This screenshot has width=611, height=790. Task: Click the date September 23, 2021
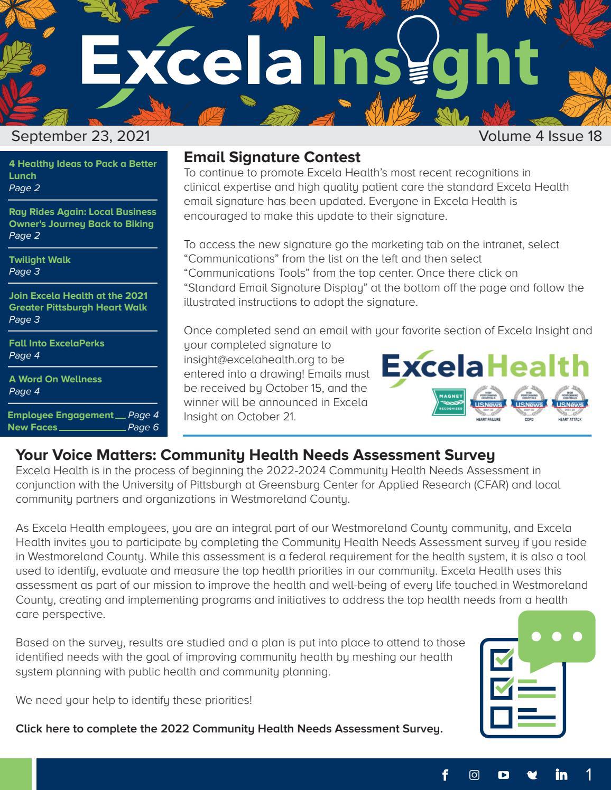(x=81, y=136)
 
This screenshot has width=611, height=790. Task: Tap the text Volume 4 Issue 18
(x=540, y=136)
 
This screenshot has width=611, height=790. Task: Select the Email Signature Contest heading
(x=272, y=157)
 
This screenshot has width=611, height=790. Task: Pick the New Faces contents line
(x=83, y=427)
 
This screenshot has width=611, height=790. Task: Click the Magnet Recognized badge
(x=449, y=402)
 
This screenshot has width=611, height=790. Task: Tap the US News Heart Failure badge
(x=488, y=402)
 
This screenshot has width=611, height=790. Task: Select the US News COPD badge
(x=529, y=402)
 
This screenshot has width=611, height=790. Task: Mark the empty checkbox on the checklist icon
(x=501, y=717)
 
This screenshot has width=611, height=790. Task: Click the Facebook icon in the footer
(x=445, y=775)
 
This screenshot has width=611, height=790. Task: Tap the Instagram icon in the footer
(x=474, y=775)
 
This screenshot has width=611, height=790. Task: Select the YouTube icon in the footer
(x=503, y=775)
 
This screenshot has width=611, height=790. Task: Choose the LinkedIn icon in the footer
(x=561, y=775)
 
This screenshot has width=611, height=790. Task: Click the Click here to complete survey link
(x=229, y=729)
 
